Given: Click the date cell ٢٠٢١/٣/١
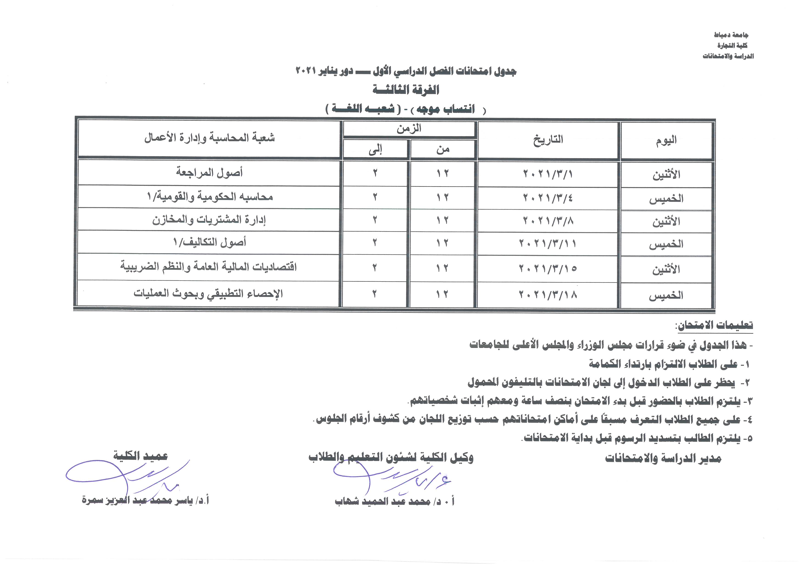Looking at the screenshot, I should pyautogui.click(x=548, y=174).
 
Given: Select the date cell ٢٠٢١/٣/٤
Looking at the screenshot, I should pyautogui.click(x=548, y=198).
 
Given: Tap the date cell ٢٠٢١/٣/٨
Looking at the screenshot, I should pyautogui.click(x=548, y=221).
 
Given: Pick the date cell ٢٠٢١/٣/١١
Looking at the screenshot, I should pyautogui.click(x=548, y=243).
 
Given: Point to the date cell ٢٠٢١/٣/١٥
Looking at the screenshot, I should pyautogui.click(x=548, y=268).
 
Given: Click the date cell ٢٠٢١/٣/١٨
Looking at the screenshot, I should pyautogui.click(x=548, y=295).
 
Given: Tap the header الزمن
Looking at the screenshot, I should pyautogui.click(x=409, y=129).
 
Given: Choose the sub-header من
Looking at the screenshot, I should pyautogui.click(x=443, y=150).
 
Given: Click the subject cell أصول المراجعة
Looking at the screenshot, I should pyautogui.click(x=209, y=173).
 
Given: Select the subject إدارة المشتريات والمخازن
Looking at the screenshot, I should pyautogui.click(x=209, y=220).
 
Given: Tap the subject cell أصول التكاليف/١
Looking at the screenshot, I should pyautogui.click(x=209, y=242).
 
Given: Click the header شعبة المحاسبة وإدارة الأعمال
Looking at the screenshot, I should pyautogui.click(x=209, y=138).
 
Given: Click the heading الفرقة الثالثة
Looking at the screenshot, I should pyautogui.click(x=405, y=90).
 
